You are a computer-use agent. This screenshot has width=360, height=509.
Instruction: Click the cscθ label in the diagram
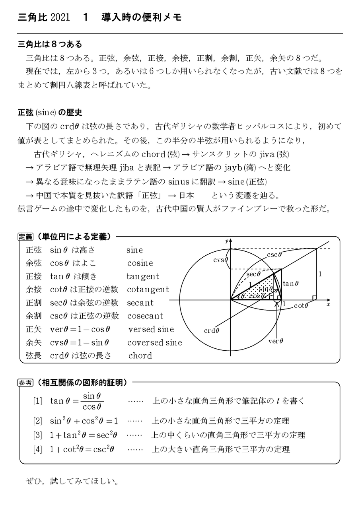pos(274,255)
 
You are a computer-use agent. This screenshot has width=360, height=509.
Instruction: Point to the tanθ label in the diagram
pos(290,284)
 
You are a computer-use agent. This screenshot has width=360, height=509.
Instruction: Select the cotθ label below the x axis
pos(301,306)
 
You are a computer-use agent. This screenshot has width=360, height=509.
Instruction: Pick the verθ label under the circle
pos(276,341)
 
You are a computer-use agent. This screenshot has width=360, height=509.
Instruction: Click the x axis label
pos(328,304)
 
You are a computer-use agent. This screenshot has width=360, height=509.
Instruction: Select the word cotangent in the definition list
pos(148,289)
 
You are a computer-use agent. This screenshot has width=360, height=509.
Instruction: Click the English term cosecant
pos(145,316)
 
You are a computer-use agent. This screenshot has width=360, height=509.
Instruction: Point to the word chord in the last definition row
pos(140,356)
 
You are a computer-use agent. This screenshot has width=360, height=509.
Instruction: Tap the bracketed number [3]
pos(37,435)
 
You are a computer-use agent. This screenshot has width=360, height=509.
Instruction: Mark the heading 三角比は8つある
pos(50,44)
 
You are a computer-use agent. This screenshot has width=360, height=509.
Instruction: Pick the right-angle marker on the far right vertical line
pos(314,297)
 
